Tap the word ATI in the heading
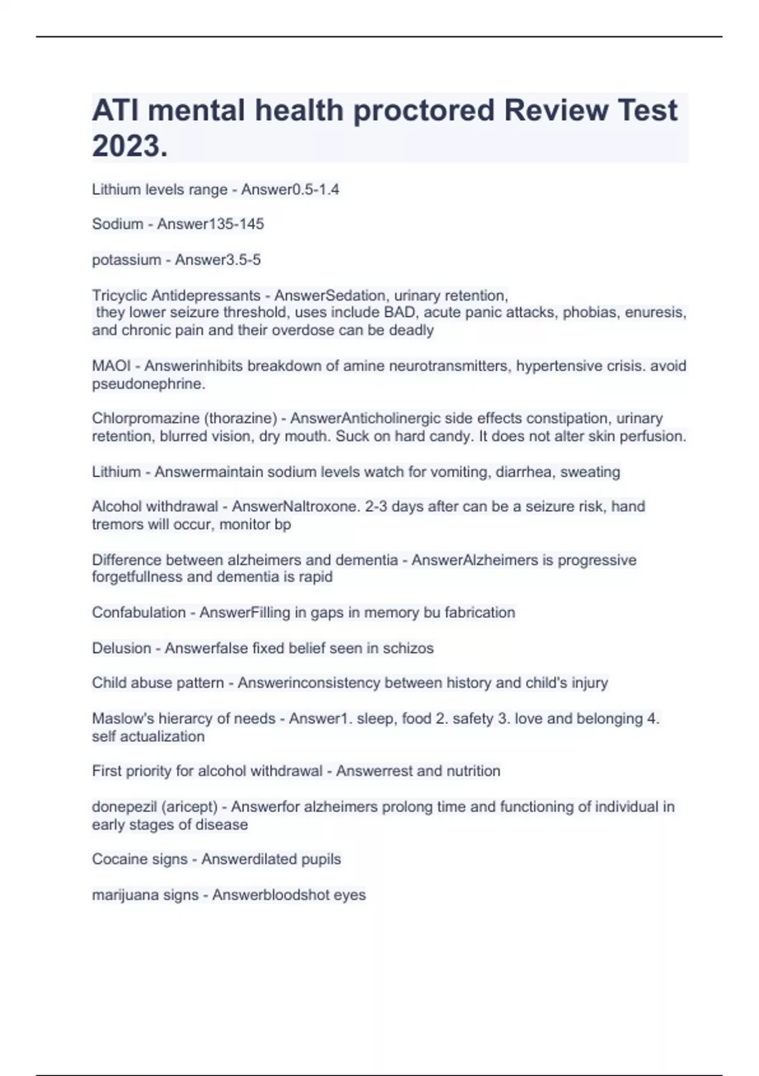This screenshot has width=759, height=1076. coord(115,110)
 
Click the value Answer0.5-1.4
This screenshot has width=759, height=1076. coord(290,189)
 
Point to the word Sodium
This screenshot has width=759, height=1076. coord(117,224)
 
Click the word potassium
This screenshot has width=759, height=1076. coord(126,260)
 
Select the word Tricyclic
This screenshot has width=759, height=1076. coord(120,296)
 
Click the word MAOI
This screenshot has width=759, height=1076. coord(111,366)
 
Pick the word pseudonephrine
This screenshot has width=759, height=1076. coord(149,384)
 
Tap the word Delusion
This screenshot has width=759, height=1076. coord(121,648)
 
